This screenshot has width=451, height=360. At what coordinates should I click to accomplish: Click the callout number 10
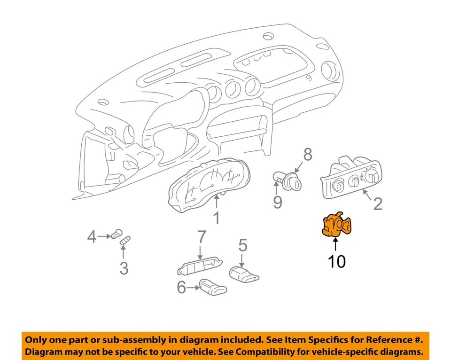[336, 261]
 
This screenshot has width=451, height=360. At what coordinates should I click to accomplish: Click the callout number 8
[307, 154]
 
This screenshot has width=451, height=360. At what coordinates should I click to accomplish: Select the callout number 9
[278, 202]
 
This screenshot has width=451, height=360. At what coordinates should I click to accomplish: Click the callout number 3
[124, 268]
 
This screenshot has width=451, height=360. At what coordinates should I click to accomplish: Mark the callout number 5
[242, 245]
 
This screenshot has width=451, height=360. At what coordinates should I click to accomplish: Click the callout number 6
[181, 287]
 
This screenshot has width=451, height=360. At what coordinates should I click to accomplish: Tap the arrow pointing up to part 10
[335, 244]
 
